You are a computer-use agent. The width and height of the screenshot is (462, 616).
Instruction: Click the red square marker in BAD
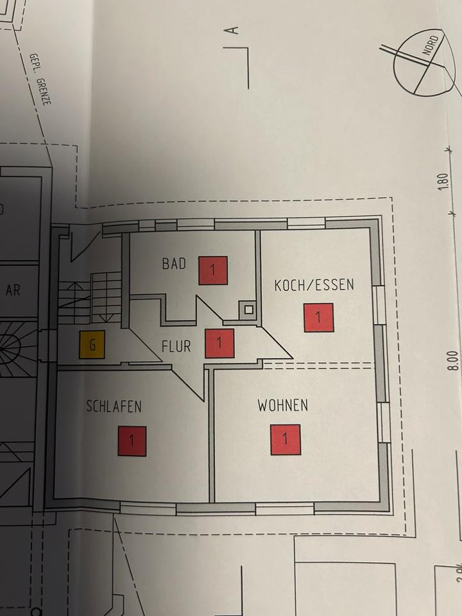click(x=214, y=270)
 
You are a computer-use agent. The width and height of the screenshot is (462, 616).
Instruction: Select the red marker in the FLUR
click(x=219, y=343)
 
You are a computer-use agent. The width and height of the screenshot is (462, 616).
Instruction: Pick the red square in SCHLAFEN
click(x=132, y=441)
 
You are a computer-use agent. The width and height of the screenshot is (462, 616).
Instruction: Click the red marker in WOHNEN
click(x=286, y=440)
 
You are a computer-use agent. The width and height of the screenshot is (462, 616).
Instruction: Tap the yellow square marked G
click(x=92, y=345)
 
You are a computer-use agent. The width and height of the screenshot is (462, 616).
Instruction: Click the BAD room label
click(x=174, y=264)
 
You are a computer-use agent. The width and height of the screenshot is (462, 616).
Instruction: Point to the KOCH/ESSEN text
click(x=314, y=285)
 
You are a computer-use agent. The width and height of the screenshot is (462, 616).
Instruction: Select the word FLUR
click(x=176, y=346)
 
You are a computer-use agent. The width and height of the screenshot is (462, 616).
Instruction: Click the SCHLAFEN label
click(x=114, y=406)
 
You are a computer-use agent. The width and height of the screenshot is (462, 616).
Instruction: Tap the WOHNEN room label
click(x=282, y=406)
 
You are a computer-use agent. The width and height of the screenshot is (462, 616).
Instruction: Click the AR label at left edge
click(x=13, y=290)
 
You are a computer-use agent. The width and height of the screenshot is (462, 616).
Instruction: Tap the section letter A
click(x=234, y=30)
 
